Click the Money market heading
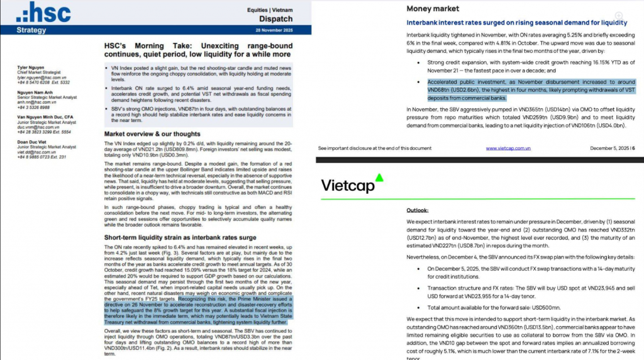tap(433, 9)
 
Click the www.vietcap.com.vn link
tap(508, 148)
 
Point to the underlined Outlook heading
tap(418, 210)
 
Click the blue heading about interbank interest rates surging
tap(509, 23)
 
